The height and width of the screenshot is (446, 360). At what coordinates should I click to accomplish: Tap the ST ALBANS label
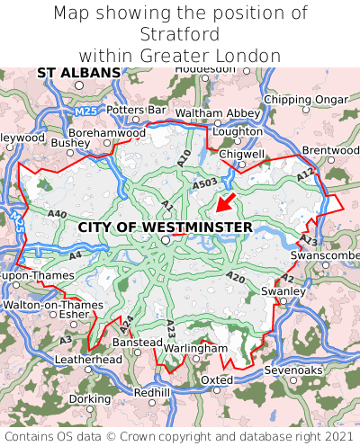coord(78,72)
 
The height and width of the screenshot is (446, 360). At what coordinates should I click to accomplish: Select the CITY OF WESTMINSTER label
coord(166,227)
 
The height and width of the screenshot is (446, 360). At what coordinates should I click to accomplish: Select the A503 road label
coord(205,183)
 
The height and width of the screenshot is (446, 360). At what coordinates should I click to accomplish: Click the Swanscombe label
coord(325,256)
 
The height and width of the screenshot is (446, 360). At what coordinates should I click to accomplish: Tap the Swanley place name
coord(283,291)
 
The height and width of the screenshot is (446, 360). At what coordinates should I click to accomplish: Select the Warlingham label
coord(197,348)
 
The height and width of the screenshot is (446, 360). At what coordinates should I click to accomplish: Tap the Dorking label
coord(90,398)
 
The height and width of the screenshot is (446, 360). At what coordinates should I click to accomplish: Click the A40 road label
coord(58,214)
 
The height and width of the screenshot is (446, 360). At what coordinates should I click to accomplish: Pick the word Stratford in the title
coord(180,35)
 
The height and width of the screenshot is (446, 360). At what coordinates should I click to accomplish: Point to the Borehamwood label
coord(107,132)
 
